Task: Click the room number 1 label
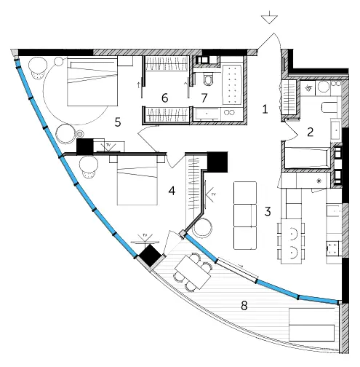pos(265,109)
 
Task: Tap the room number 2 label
pos(310,132)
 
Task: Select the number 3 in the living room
pos(268,211)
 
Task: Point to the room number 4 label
pos(172,191)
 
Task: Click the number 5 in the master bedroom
pos(118,122)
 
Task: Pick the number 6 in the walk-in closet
pos(165,98)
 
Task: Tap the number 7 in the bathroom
pos(204,98)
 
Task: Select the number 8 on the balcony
pos(244,305)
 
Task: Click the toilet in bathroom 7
pos(208,79)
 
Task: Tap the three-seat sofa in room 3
pos(245,216)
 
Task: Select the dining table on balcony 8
pos(193,272)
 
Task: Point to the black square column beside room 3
pos(217,162)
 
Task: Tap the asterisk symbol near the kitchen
pos(319,181)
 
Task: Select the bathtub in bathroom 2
pos(308,157)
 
